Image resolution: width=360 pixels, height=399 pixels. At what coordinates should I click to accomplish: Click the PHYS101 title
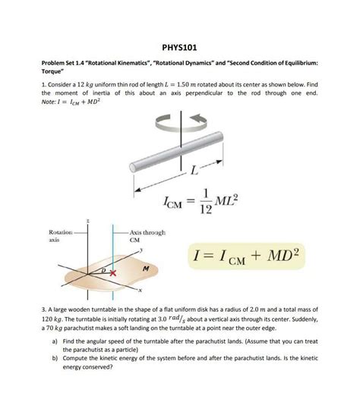180,46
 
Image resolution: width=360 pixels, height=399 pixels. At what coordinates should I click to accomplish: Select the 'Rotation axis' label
60,234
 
